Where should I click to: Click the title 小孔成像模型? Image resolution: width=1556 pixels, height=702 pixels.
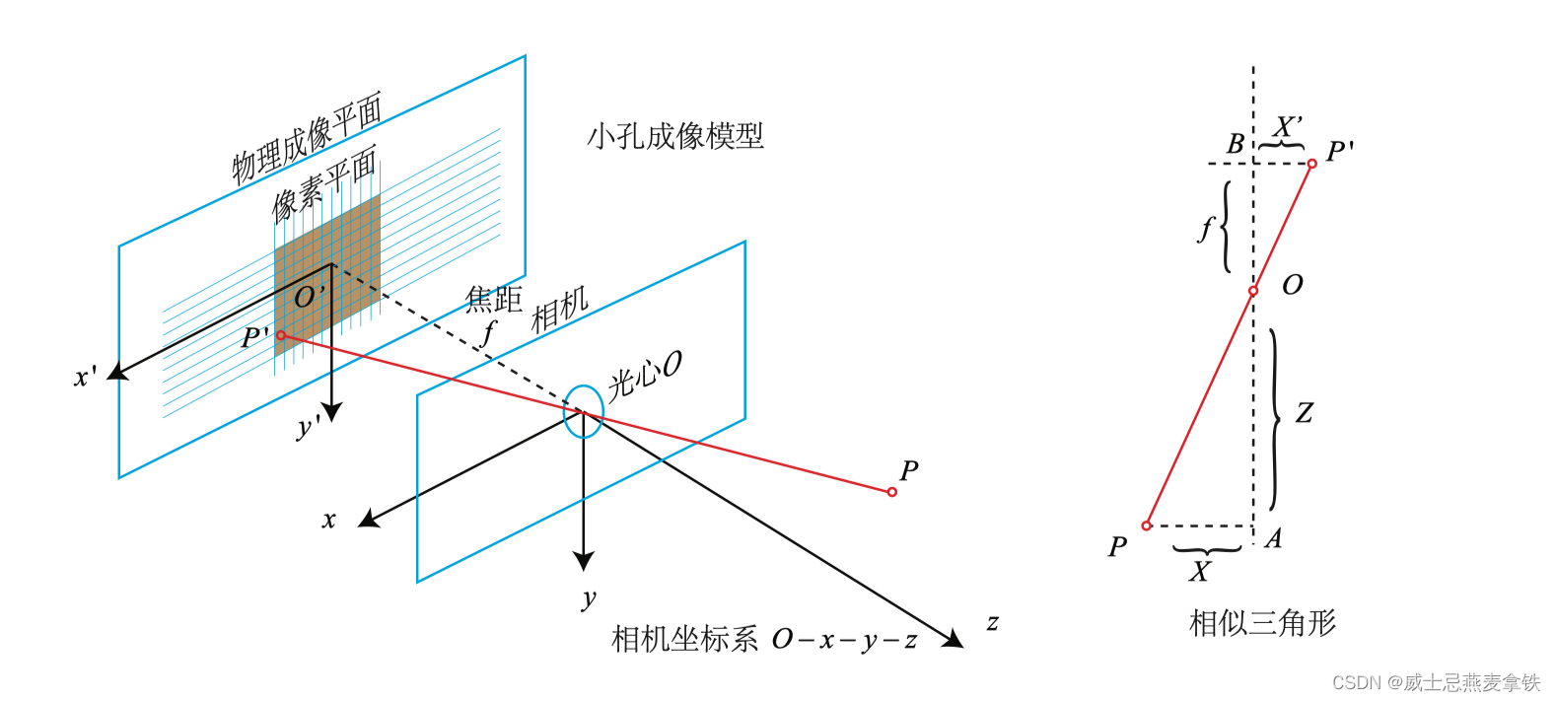coord(675,136)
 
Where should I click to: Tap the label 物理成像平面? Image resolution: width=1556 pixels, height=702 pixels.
coord(307,139)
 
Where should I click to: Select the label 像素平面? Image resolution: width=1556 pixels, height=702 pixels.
coord(324,183)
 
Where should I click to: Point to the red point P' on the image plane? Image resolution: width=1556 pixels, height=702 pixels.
coord(281,336)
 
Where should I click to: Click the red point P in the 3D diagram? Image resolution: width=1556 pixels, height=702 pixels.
coord(891,492)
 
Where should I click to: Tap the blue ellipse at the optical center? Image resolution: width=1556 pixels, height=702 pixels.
coord(583,410)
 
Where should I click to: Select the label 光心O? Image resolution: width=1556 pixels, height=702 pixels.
coord(644,376)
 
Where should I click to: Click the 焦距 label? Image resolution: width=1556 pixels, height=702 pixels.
coord(493,299)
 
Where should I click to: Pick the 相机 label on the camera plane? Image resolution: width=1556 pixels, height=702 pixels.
coord(559,310)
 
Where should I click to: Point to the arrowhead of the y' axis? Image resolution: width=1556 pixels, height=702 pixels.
coord(332,412)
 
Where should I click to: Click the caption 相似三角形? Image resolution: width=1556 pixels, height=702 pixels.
coord(1263,623)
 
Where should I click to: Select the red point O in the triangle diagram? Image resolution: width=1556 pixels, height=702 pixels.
coord(1253,291)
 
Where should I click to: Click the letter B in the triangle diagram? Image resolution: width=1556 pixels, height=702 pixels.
coord(1235,144)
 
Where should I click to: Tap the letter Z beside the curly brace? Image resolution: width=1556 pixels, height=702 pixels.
coord(1304,413)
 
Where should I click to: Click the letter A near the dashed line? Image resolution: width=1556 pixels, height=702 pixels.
coord(1273,538)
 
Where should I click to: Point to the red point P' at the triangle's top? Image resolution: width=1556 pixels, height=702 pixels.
coord(1311,164)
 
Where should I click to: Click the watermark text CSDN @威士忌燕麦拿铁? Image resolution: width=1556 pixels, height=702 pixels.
coord(1436,682)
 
